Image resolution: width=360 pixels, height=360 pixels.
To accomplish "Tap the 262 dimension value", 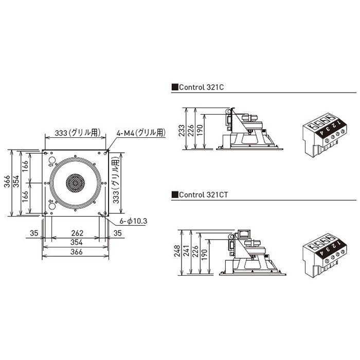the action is click(x=77, y=233).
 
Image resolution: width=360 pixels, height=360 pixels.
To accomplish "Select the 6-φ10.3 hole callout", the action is click(x=133, y=221).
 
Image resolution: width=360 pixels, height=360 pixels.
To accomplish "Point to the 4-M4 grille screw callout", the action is click(x=141, y=133).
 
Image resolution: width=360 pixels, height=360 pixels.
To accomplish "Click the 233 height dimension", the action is click(x=182, y=131).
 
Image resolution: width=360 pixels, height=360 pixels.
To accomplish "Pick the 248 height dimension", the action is click(x=177, y=251).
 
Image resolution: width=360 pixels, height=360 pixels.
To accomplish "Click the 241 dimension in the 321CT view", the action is click(x=186, y=251).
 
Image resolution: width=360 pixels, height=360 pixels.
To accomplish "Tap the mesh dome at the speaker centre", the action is click(x=75, y=183).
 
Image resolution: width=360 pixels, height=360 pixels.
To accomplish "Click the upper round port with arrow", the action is click(x=52, y=160).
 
